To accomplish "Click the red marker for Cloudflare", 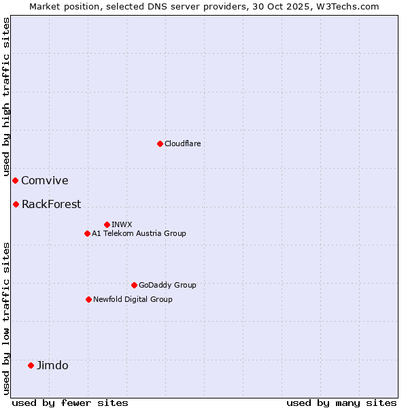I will click(160, 143).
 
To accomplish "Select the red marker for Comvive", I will click(15, 180).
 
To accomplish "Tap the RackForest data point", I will click(16, 204).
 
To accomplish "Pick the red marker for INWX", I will click(107, 224).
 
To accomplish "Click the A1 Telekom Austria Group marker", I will click(87, 233).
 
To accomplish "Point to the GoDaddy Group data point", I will click(134, 285).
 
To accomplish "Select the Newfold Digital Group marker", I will click(88, 299).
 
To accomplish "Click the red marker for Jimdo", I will click(31, 365).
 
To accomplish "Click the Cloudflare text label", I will click(182, 143).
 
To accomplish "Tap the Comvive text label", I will click(45, 180).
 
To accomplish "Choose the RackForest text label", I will click(51, 204).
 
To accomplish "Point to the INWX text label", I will click(122, 224).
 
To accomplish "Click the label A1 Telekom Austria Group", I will click(139, 233).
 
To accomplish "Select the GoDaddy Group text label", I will click(167, 285).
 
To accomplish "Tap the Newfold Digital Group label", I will click(133, 299).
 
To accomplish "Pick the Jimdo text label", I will click(52, 365).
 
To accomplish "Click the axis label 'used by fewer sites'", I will click(70, 403).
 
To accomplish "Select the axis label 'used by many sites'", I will click(341, 403).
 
